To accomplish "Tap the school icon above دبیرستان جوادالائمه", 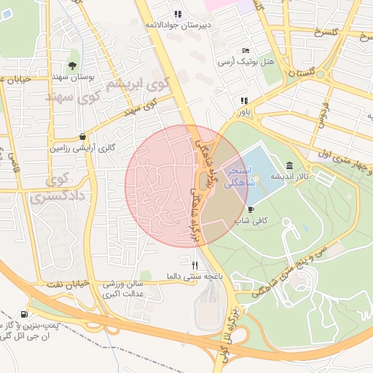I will [178, 14].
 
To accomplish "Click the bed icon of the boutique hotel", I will [246, 50].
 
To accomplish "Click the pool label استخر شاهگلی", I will [238, 176].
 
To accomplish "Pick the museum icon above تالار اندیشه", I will [291, 166].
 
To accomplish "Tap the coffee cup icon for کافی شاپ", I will [251, 209].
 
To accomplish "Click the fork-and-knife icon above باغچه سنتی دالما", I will [195, 265].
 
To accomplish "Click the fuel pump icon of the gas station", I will [26, 315].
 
